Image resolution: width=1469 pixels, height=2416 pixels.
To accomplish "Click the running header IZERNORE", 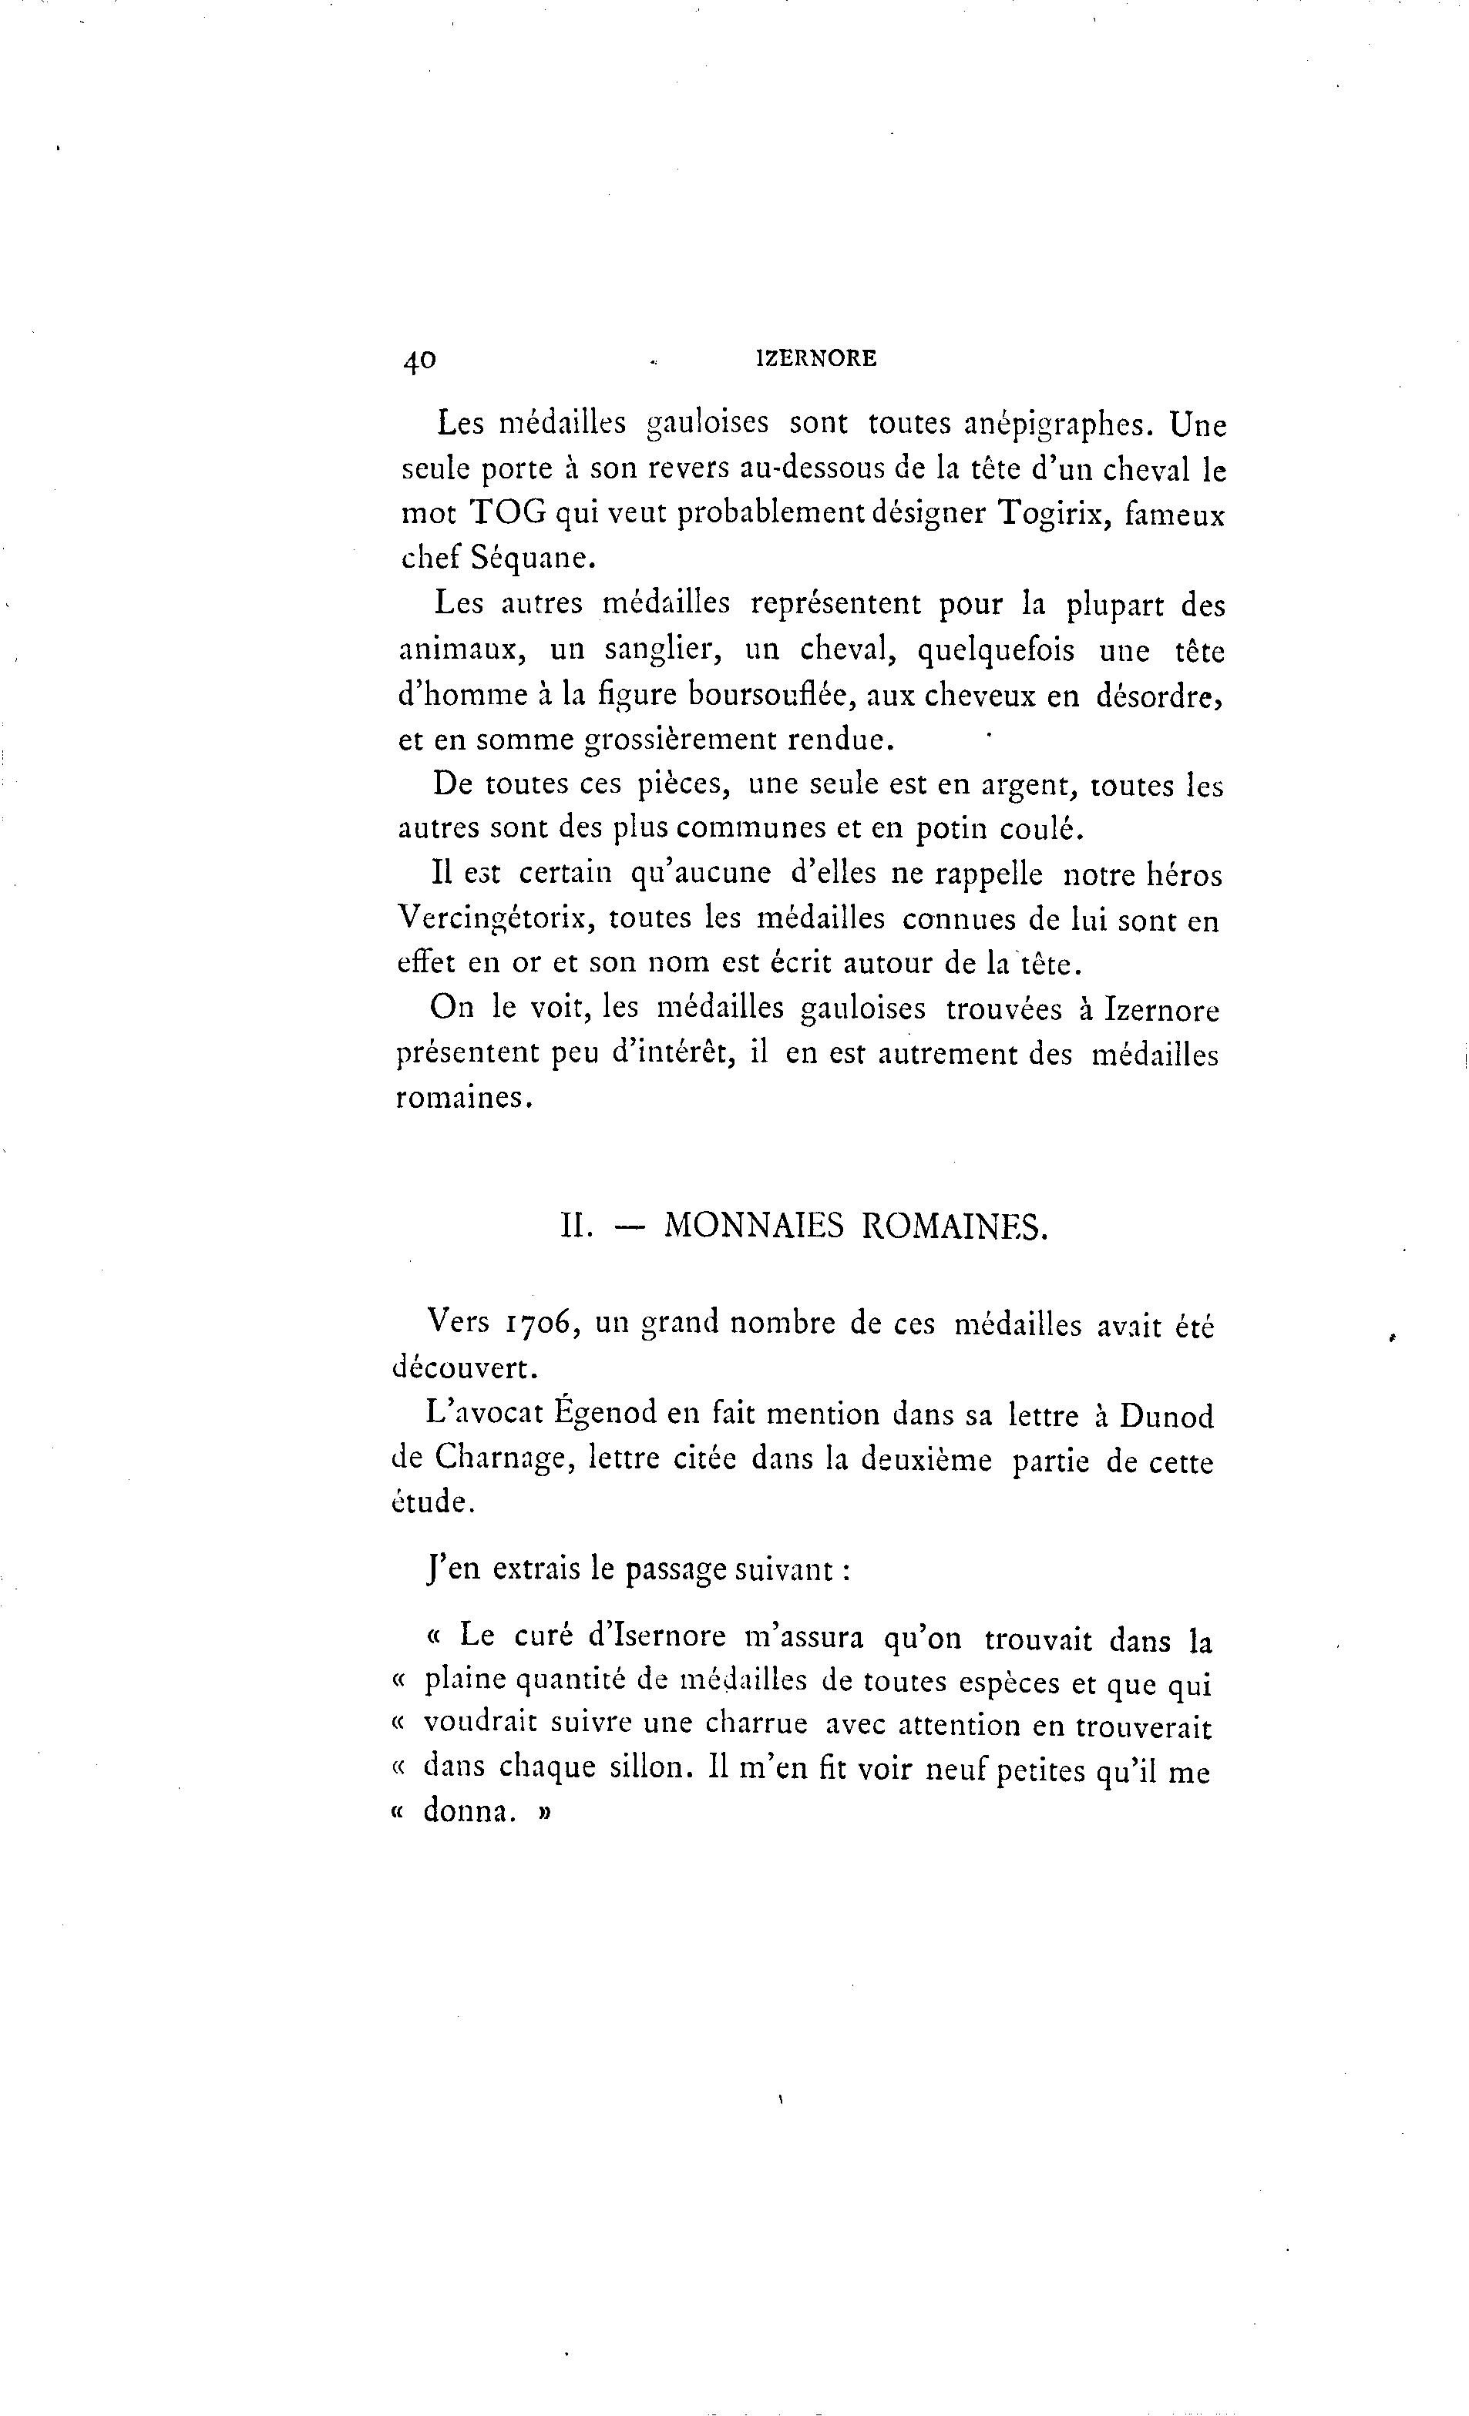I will [x=816, y=360].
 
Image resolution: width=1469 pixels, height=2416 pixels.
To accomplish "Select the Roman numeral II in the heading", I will [x=577, y=1226].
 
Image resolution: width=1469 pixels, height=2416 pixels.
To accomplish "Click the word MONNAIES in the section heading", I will [x=753, y=1226].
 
